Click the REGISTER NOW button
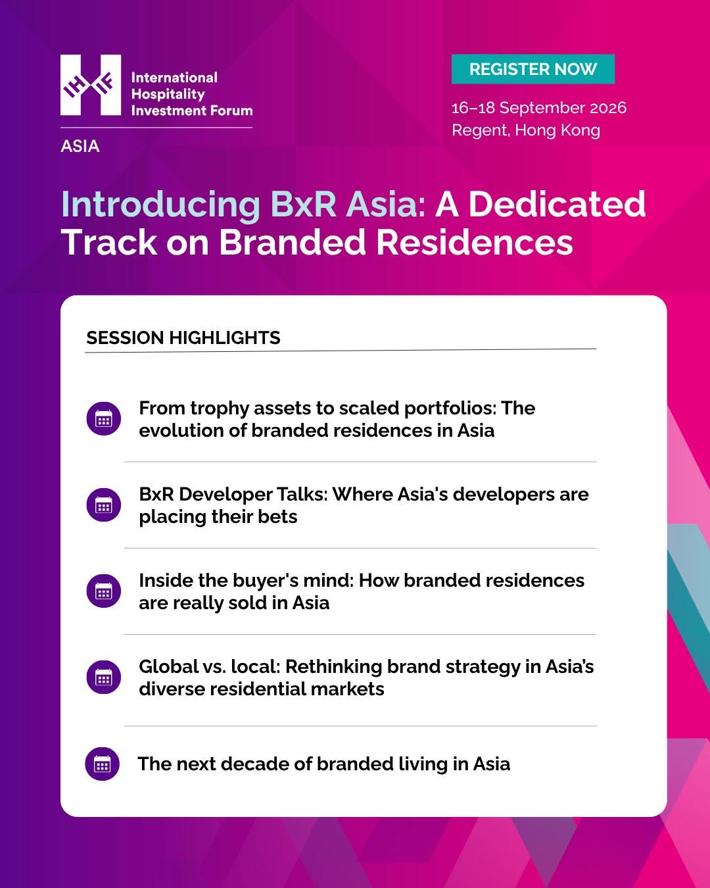pos(532,69)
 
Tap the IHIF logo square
pos(91,85)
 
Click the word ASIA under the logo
pos(80,146)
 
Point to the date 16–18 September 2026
pos(539,108)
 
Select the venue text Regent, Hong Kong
pos(526,130)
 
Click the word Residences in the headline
pos(475,242)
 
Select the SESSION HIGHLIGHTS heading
pos(183,337)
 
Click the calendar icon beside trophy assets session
pos(104,419)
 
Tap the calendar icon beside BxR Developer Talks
pos(104,505)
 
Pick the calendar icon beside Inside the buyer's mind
pos(104,591)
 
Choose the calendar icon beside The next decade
pos(103,764)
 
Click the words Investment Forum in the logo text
pos(192,111)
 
